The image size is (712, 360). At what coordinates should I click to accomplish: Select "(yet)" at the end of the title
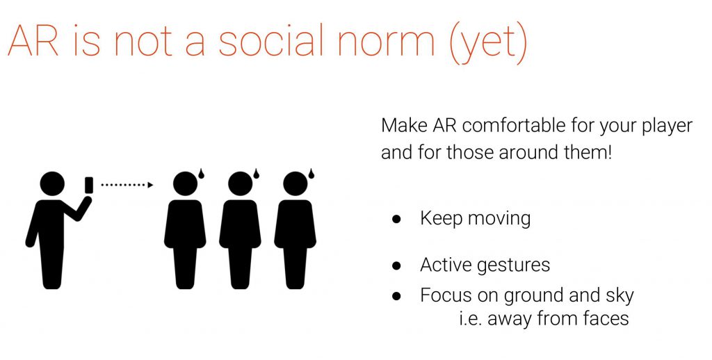(x=487, y=42)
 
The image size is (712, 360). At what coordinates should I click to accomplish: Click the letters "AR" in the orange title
(x=33, y=40)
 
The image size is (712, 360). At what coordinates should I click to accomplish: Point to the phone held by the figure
(x=89, y=186)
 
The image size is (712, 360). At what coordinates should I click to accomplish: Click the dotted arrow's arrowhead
(x=151, y=185)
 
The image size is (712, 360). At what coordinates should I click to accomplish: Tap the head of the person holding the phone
(x=52, y=184)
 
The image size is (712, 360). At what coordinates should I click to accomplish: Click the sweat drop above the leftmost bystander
(x=201, y=174)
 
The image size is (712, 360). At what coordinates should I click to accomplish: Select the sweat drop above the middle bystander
(x=256, y=174)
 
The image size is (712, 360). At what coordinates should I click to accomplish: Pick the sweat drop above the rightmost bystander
(x=311, y=174)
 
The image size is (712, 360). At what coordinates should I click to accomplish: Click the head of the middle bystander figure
(x=240, y=184)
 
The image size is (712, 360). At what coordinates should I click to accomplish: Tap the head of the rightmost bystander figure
(x=295, y=184)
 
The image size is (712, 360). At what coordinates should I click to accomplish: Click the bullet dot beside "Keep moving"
(x=396, y=220)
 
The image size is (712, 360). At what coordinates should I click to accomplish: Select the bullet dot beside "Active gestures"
(x=396, y=266)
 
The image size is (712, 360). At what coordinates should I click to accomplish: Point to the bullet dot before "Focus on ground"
(x=396, y=297)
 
